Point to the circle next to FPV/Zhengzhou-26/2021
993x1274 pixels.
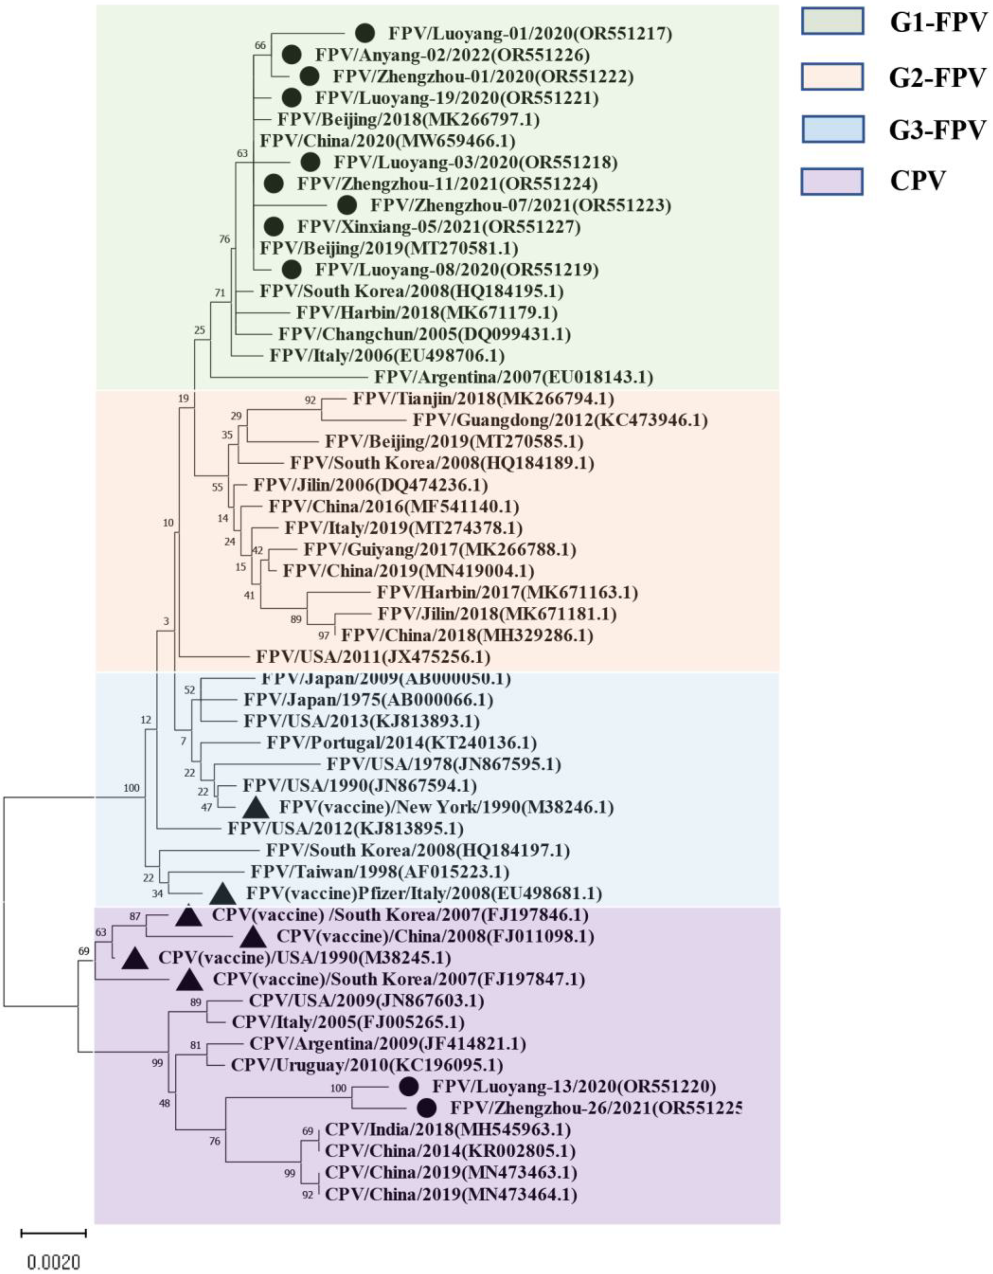tap(427, 1108)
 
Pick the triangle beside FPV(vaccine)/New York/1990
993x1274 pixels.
tap(256, 808)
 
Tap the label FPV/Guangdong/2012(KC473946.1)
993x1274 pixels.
tap(560, 420)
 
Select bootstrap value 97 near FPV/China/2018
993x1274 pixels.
tap(324, 636)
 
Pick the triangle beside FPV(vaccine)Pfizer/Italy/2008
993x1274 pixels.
tap(222, 894)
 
